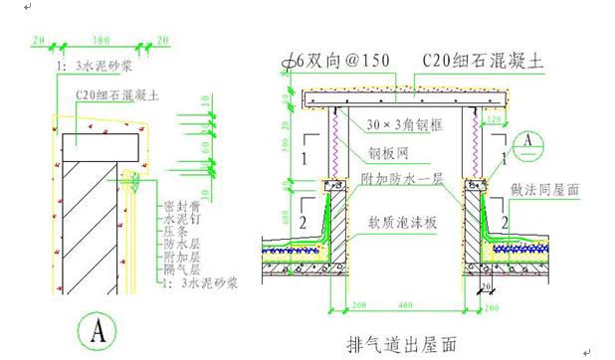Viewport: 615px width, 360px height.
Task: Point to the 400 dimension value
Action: (404, 303)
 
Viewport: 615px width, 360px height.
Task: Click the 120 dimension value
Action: (495, 118)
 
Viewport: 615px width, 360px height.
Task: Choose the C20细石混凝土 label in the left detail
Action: (119, 97)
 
